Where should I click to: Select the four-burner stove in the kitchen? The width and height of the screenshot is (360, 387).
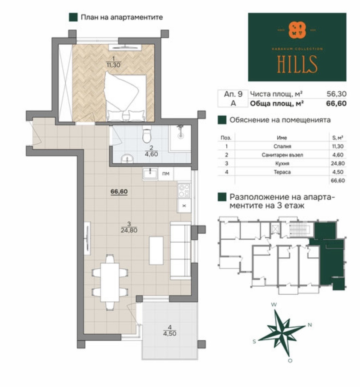[184, 191]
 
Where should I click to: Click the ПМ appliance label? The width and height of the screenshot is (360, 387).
[166, 174]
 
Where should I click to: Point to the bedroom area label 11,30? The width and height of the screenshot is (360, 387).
[113, 65]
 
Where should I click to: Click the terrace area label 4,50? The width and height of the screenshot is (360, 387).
[170, 333]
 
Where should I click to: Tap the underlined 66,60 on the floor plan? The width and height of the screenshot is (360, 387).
[119, 192]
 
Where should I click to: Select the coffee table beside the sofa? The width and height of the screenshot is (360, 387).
[156, 250]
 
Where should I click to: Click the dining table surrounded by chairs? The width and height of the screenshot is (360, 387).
[110, 282]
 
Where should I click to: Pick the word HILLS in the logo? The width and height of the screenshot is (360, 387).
[297, 65]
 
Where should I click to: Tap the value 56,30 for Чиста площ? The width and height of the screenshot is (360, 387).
[336, 94]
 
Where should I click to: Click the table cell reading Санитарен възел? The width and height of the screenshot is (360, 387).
[282, 155]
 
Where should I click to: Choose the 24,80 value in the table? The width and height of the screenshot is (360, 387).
[338, 163]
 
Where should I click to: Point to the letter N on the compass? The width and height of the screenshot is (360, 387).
[310, 325]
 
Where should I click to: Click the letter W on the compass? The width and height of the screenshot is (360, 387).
[274, 305]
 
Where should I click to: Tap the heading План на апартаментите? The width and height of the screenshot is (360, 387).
[122, 17]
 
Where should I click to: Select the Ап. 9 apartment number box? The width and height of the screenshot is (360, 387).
[233, 94]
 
